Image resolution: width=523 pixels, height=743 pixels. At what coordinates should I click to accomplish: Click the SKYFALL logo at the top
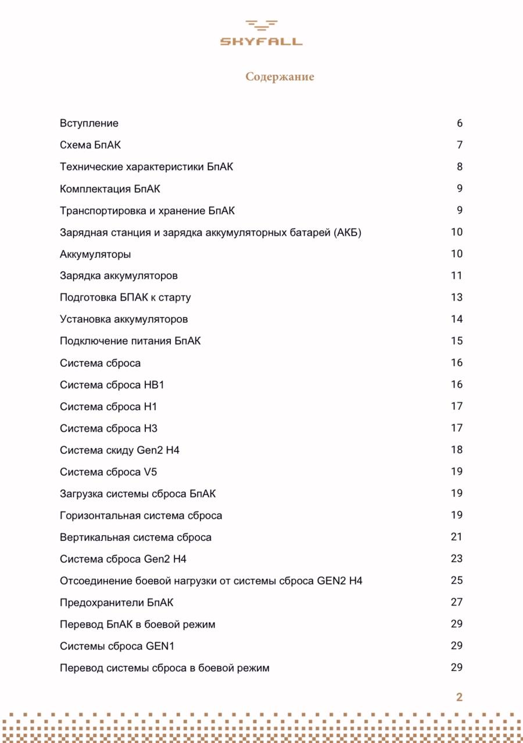[x=261, y=33]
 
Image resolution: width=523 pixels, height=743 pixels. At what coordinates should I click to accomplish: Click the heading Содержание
[x=280, y=77]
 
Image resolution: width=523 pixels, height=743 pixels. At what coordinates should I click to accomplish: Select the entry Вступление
[x=89, y=123]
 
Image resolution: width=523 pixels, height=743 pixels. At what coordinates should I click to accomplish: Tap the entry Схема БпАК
[x=90, y=145]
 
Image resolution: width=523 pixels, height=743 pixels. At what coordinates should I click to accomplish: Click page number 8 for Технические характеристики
[x=459, y=167]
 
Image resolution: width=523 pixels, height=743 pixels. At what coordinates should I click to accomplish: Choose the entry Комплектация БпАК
[x=110, y=189]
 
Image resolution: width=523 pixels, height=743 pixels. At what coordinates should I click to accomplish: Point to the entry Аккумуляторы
[x=95, y=254]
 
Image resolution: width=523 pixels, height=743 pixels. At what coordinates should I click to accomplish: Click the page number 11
[x=456, y=276]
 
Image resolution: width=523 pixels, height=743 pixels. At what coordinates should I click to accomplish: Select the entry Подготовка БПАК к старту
[x=125, y=298]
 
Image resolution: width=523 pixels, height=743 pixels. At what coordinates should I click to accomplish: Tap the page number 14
[x=456, y=319]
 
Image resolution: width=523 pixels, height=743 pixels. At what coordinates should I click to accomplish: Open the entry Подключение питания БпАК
[x=130, y=341]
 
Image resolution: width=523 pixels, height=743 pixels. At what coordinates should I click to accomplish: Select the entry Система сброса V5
[x=108, y=472]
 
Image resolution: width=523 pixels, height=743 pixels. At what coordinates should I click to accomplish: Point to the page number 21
[x=456, y=537]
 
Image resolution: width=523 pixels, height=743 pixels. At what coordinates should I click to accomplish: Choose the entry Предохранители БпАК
[x=116, y=603]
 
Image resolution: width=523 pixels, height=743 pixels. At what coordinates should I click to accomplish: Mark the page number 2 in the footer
[x=459, y=697]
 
